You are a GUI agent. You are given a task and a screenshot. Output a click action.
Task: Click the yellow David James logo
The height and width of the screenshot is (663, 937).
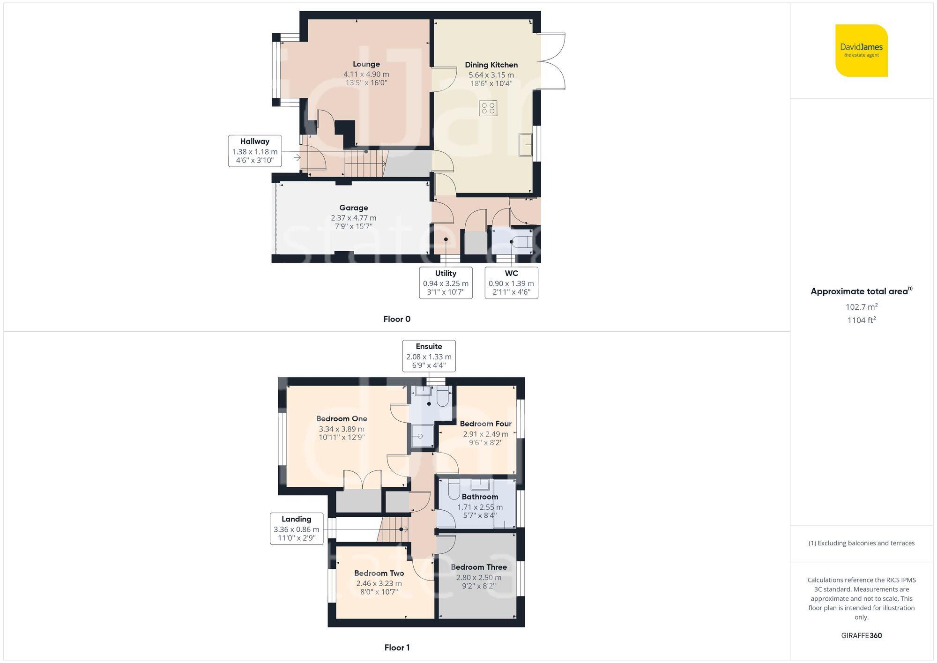coord(861,51)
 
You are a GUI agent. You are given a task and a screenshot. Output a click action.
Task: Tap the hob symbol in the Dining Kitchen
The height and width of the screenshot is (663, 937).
coord(488,108)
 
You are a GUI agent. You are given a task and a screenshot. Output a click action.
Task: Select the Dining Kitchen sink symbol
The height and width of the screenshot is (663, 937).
coord(525,144)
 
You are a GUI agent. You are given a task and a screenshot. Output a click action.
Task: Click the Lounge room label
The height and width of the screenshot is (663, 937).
coord(366,64)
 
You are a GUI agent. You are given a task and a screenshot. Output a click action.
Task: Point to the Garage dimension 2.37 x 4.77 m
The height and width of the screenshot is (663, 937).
coord(353,218)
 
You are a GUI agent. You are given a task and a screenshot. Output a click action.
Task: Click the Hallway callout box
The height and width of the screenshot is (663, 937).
coord(255,150)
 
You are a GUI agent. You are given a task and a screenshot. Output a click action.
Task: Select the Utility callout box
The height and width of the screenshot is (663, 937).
coord(446,283)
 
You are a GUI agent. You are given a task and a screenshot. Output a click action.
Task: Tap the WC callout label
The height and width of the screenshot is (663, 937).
coord(511,273)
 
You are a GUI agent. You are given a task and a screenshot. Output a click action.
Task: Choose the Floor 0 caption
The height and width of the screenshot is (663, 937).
coord(396,319)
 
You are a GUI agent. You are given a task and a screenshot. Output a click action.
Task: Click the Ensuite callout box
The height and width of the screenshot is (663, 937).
coord(429,356)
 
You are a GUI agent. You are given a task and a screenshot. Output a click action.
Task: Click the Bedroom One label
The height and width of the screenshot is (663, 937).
coord(342,419)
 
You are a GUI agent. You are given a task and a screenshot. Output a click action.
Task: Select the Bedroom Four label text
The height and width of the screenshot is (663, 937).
coord(485,424)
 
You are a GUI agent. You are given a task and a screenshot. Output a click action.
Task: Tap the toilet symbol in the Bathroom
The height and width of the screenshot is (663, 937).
coord(454,490)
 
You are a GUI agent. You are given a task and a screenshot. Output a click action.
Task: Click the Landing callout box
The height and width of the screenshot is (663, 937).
coord(296,529)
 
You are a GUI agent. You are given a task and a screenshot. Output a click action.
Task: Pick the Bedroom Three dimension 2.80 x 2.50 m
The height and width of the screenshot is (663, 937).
coord(478,577)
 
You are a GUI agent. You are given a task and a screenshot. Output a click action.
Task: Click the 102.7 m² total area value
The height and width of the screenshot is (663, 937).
coord(861,307)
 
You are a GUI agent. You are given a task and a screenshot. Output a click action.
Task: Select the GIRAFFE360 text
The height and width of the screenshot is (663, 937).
coord(861,635)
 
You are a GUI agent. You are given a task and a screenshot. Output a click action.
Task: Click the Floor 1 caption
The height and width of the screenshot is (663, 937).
coord(396,648)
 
